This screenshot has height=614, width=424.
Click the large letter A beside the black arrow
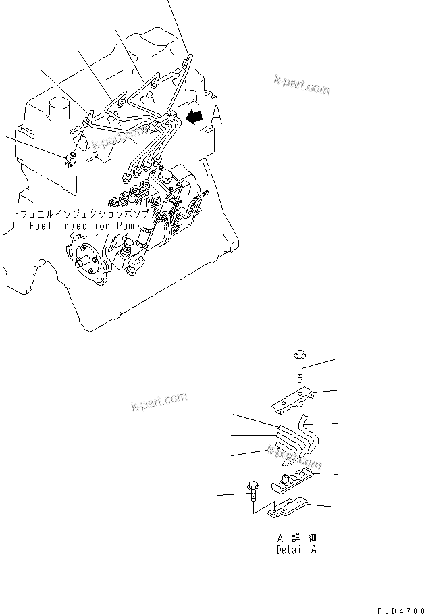coord(217,116)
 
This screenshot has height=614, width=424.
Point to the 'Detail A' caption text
coord(296,550)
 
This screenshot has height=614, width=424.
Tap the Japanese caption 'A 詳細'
coord(296,539)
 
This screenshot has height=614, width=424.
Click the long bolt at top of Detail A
coord(299,365)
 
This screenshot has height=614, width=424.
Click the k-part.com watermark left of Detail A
coord(159,403)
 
